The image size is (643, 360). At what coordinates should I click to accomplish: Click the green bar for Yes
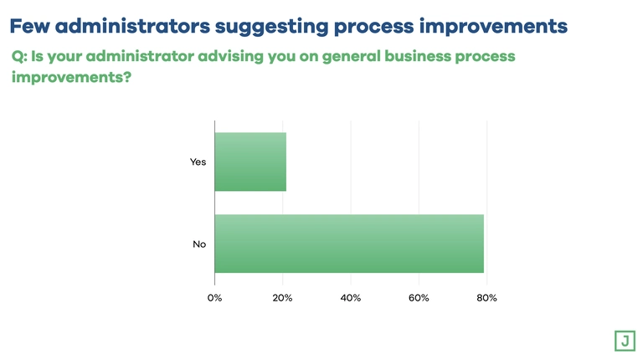(250, 162)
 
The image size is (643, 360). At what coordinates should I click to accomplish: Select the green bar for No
(349, 244)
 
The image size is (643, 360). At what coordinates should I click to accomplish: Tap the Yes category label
(198, 162)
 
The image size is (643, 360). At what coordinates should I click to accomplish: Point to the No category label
(199, 244)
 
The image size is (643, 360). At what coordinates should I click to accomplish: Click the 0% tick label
(214, 298)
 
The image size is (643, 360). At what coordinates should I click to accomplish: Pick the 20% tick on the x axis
(282, 298)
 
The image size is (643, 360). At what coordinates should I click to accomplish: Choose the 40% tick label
(351, 298)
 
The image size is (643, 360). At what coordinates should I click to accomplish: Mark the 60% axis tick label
(419, 298)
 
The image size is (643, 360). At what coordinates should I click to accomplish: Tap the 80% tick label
(486, 298)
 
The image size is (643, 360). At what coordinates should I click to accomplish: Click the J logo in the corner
(625, 341)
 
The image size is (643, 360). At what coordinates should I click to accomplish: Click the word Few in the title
(29, 26)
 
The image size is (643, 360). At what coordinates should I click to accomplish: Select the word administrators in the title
(132, 26)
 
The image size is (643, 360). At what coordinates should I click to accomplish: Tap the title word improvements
(493, 27)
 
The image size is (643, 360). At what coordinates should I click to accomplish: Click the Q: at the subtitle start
(19, 56)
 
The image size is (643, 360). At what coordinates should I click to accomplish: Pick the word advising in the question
(231, 56)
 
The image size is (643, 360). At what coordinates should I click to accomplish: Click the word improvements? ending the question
(71, 77)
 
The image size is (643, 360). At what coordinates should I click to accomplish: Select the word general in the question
(352, 57)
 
